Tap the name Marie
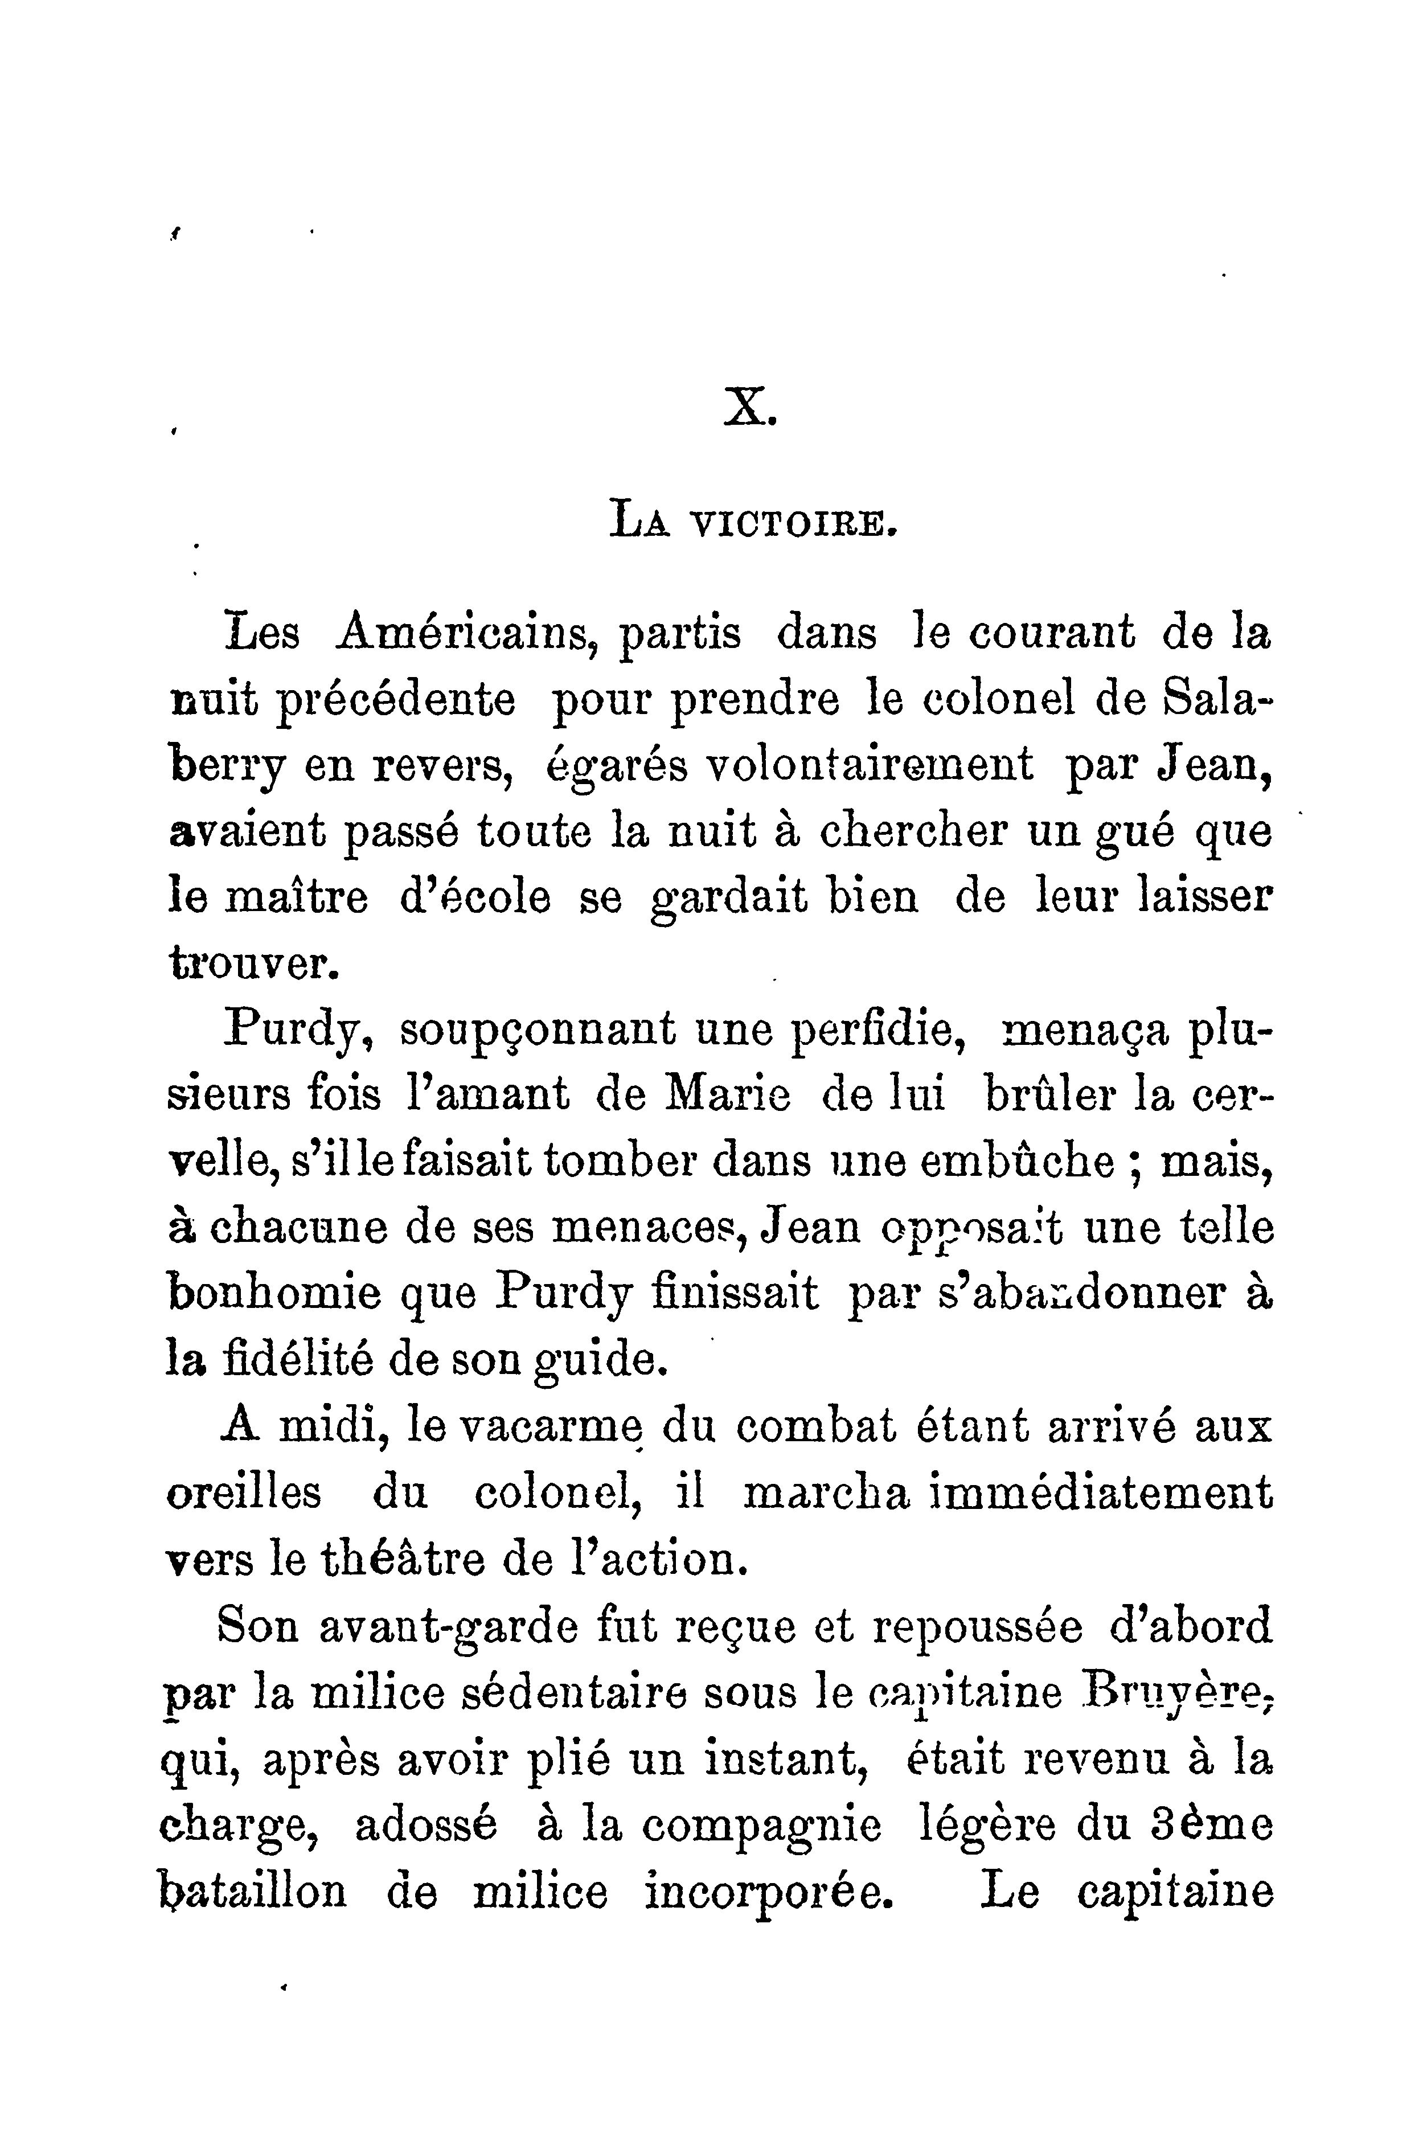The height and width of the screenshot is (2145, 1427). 729,1096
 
